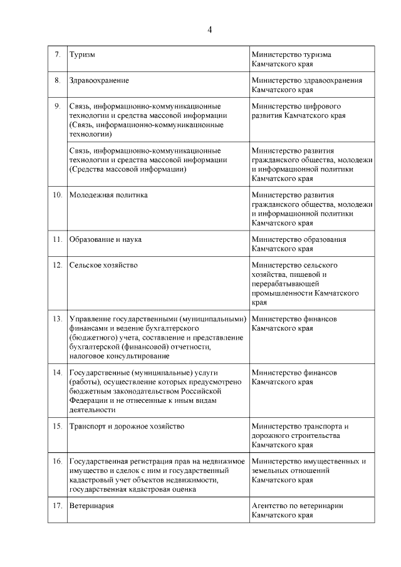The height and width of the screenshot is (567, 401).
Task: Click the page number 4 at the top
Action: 210,29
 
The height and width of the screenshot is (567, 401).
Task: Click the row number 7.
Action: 57,55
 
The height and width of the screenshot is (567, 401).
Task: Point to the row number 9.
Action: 57,107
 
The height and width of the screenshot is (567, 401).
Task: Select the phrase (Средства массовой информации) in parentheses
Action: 128,169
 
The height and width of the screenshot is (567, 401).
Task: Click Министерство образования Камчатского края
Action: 298,244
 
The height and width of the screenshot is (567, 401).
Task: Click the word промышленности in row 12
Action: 281,293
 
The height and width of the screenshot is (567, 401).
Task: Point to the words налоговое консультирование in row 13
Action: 119,356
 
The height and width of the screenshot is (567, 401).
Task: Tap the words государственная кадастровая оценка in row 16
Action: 133,490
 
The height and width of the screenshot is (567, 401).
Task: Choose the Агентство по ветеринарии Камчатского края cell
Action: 297,511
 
